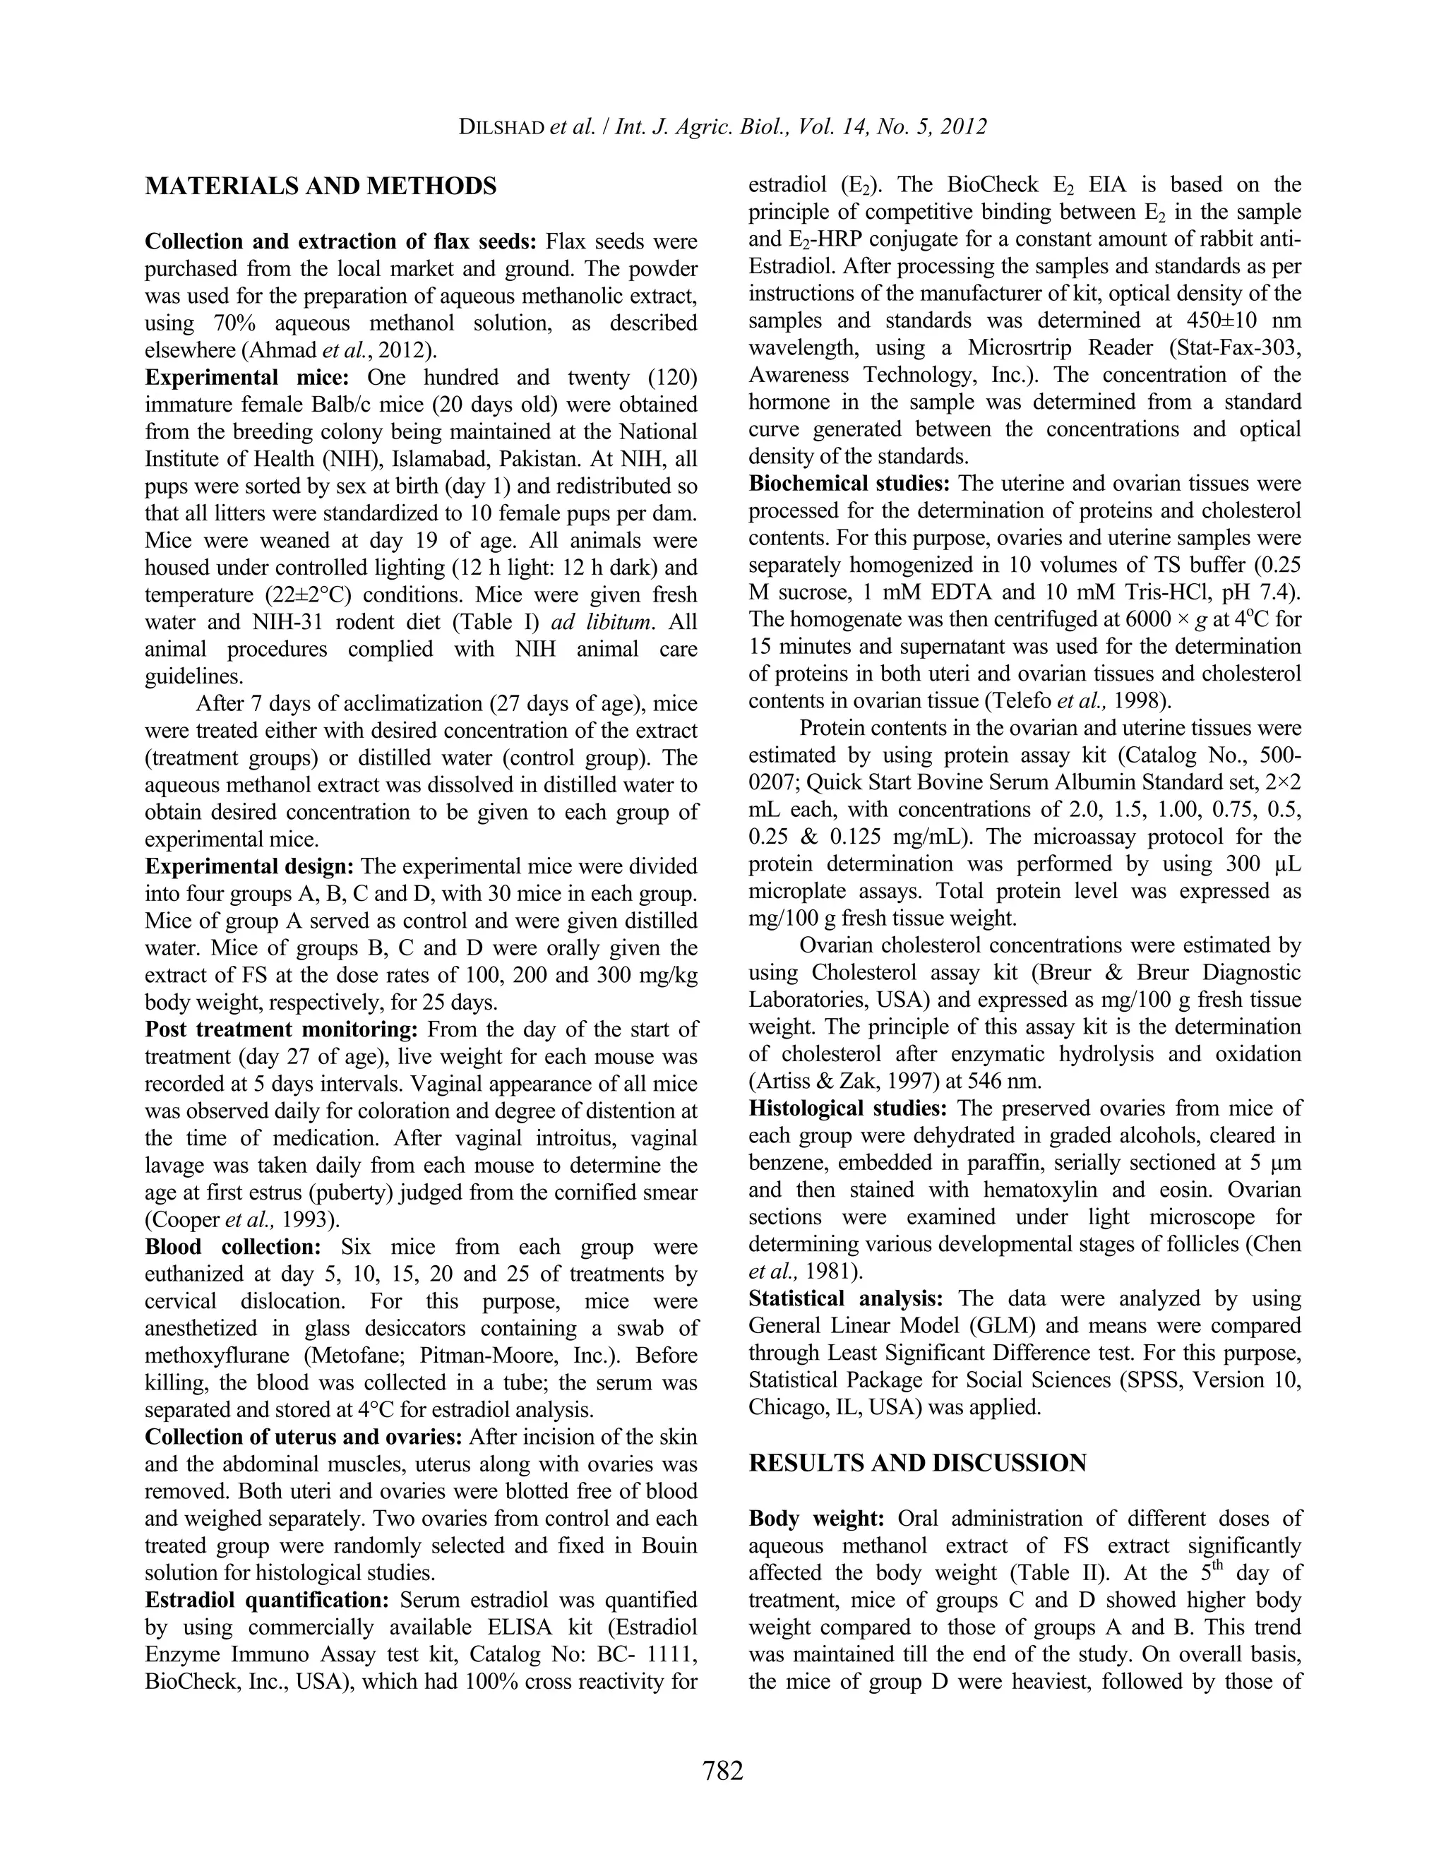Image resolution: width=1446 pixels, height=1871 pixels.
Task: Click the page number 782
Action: (722, 1770)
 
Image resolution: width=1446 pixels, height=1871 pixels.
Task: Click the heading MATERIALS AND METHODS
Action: (321, 186)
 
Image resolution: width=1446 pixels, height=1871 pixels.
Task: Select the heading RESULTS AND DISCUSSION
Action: (916, 1463)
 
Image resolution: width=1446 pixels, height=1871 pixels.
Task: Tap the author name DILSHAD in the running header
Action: (502, 127)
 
